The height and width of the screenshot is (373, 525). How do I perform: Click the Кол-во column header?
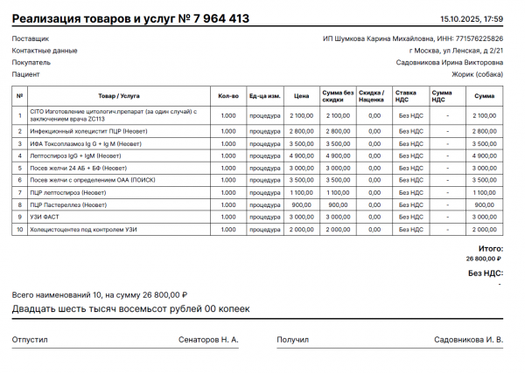[x=228, y=95]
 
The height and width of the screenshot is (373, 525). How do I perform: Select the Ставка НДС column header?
[x=407, y=95]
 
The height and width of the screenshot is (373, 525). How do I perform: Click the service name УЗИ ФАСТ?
[x=47, y=216]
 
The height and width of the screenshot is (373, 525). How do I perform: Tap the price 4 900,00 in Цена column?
[x=302, y=155]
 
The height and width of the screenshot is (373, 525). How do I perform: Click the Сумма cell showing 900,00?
[x=484, y=204]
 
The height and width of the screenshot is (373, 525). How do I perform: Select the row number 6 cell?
[x=19, y=179]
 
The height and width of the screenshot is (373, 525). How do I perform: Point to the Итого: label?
[x=491, y=249]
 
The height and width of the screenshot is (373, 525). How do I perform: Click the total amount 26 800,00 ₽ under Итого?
[x=484, y=259]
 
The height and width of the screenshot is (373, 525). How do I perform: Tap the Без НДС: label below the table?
[x=486, y=273]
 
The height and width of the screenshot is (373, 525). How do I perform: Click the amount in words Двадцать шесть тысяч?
[x=131, y=309]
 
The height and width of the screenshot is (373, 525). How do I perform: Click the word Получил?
[x=293, y=339]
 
